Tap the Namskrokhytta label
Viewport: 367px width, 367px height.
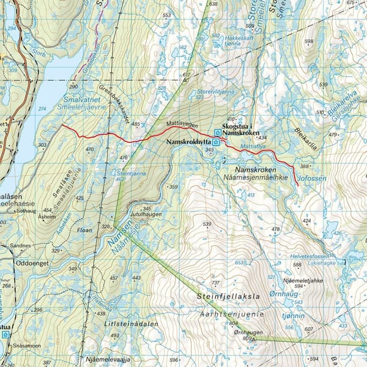pos(188,141)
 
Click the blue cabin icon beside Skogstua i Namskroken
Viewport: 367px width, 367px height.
pos(218,132)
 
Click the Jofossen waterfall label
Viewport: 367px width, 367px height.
pos(311,179)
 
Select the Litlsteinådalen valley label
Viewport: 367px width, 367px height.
pos(131,324)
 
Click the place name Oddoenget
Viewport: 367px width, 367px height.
pos(35,263)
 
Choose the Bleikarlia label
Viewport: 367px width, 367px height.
pos(305,133)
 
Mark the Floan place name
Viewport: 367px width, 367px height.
pos(85,230)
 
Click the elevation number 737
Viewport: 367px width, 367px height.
pos(215,283)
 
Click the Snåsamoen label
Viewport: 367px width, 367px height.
pos(28,346)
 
